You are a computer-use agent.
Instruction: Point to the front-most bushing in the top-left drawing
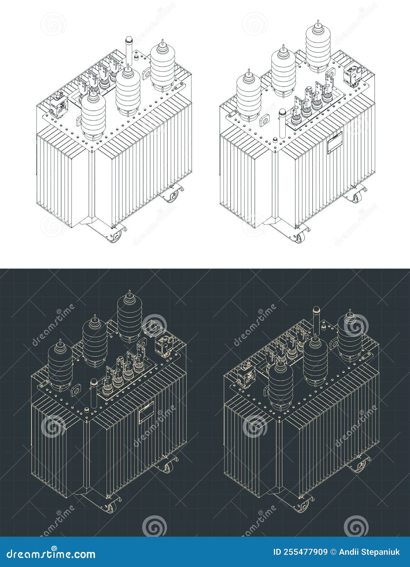93,114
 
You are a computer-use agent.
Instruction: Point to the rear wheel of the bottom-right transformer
360,466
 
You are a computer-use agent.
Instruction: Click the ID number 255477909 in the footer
300,552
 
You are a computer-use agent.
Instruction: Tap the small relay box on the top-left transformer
59,106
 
